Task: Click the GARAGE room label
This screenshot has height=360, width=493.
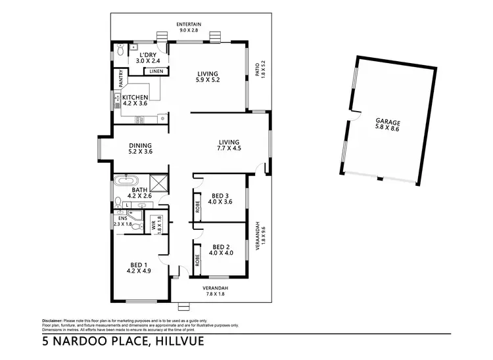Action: coord(387,122)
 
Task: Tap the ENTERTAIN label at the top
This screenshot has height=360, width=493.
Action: coord(189,24)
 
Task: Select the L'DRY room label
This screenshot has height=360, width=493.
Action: coord(148,54)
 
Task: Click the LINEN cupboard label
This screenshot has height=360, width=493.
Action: coord(155,71)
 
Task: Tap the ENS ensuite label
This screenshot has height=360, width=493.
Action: coord(122,218)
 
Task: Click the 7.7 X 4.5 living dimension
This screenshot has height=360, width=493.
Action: coord(229,148)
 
